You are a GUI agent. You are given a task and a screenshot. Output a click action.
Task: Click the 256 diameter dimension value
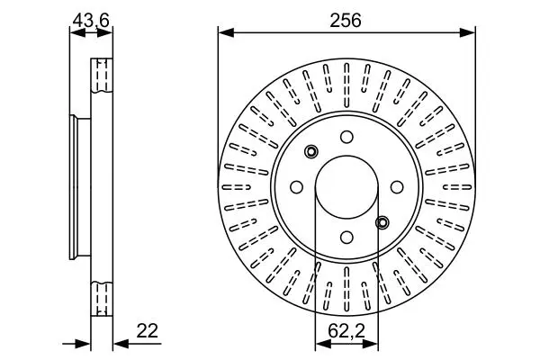point(346,21)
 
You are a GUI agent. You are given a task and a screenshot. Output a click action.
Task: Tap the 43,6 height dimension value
point(91,21)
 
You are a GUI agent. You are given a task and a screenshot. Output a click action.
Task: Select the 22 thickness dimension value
point(147,331)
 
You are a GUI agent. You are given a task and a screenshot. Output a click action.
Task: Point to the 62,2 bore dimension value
point(346,331)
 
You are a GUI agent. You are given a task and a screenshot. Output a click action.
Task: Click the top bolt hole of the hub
point(346,137)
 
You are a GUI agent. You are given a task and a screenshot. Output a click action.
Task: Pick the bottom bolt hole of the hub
point(346,237)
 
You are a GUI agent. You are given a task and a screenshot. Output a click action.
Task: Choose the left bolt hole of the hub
point(296,187)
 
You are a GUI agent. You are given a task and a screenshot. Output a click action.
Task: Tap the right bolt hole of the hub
point(397,187)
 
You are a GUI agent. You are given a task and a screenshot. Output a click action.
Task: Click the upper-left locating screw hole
point(311,151)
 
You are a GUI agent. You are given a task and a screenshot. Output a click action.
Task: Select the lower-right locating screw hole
point(382,222)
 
